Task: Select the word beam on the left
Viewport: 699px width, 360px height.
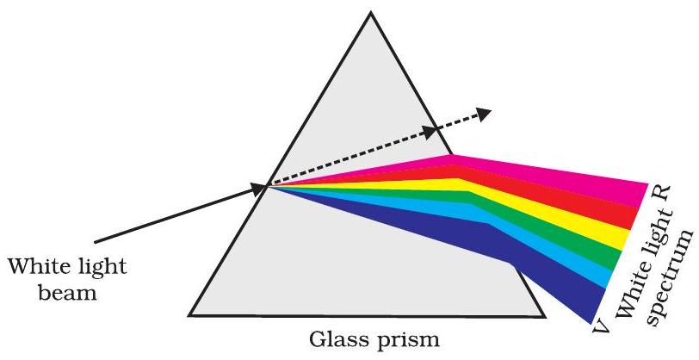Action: (x=67, y=293)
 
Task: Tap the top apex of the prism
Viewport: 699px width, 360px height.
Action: (x=370, y=13)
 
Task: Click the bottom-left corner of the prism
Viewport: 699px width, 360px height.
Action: (x=189, y=315)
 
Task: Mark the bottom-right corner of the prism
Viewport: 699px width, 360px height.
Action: (x=543, y=316)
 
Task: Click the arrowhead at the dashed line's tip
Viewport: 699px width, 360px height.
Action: (x=484, y=114)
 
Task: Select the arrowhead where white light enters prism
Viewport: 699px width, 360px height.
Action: (x=259, y=189)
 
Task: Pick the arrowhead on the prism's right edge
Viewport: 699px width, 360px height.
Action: (x=430, y=132)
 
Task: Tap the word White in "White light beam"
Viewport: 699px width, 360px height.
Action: (x=40, y=267)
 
